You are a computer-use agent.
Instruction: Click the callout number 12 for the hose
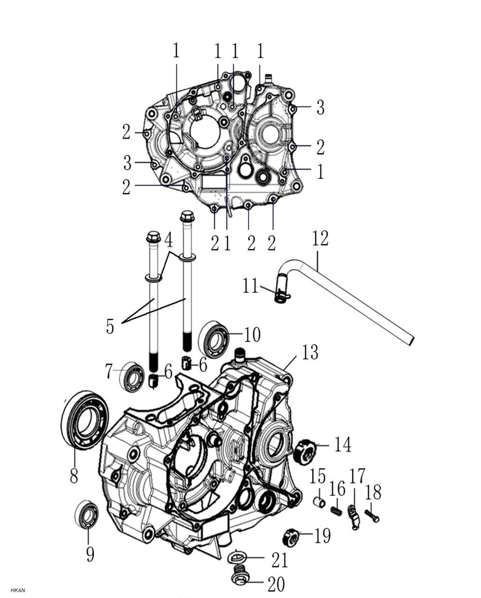pos(320,238)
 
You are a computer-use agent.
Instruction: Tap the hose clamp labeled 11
pos(282,289)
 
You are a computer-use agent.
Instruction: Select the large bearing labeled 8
pos(85,420)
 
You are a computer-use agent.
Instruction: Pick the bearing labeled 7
pos(131,376)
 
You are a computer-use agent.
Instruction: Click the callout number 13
pos(310,352)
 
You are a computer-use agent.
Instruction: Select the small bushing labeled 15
pos(318,502)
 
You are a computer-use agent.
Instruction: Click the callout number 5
pos(110,326)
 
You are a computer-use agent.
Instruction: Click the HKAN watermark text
pos(18,590)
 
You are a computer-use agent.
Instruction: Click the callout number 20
pos(276,585)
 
